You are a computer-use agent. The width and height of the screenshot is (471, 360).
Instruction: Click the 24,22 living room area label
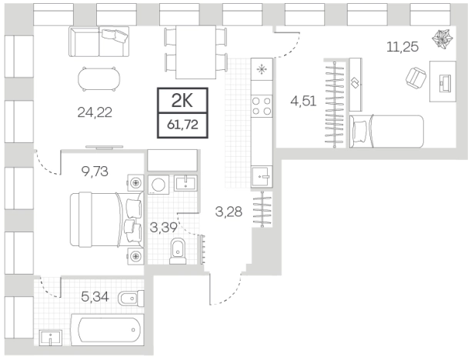[x=95, y=112]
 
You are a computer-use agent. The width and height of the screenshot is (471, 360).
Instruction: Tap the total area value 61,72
[x=182, y=124]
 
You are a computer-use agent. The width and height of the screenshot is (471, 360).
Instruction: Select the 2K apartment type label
[x=182, y=101]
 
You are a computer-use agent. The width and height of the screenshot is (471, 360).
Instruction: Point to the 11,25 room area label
[x=403, y=47]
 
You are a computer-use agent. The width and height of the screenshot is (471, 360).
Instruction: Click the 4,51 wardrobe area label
[x=303, y=102]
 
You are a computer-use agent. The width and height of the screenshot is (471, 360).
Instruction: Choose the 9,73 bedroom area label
[x=95, y=172]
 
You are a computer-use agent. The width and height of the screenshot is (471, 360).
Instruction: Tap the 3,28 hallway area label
[x=229, y=212]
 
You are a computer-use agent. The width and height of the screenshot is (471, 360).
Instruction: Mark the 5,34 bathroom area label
[x=95, y=297]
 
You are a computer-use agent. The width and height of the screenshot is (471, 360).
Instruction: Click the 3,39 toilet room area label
[x=163, y=228]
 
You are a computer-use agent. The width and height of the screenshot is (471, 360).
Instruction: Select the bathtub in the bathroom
[x=107, y=329]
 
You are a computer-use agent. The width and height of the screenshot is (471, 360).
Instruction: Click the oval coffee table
[x=99, y=79]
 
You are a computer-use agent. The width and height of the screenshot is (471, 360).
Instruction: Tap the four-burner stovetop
[x=262, y=106]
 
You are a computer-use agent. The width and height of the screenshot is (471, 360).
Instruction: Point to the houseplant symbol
[x=442, y=38]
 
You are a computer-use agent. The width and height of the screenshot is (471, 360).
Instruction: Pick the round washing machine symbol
[x=158, y=184]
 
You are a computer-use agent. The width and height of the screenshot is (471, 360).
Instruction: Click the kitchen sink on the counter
[x=262, y=177]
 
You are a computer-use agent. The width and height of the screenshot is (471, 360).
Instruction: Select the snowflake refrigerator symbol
[x=262, y=70]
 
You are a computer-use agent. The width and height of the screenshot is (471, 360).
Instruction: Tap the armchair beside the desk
[x=416, y=77]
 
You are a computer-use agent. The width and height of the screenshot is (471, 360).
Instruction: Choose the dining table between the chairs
[x=195, y=52]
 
